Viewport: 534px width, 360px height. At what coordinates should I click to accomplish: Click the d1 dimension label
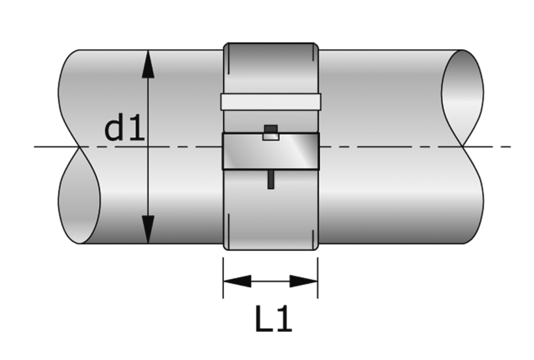[124, 129]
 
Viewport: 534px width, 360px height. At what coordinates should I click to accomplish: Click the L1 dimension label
[273, 320]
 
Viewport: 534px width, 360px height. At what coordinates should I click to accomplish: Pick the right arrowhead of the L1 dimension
[304, 281]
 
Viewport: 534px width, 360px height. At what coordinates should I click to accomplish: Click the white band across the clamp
[271, 101]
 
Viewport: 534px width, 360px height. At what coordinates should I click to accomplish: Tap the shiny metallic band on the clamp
[271, 152]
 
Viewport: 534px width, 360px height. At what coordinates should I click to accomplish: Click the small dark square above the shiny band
[271, 129]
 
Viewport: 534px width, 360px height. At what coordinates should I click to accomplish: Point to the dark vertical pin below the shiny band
[271, 180]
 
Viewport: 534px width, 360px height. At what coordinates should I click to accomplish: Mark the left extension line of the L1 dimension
[223, 278]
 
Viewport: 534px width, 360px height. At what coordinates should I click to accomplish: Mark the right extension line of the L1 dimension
[318, 278]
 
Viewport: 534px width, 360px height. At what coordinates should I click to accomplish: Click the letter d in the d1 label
[115, 129]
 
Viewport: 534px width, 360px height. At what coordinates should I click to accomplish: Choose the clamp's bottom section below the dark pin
[271, 219]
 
